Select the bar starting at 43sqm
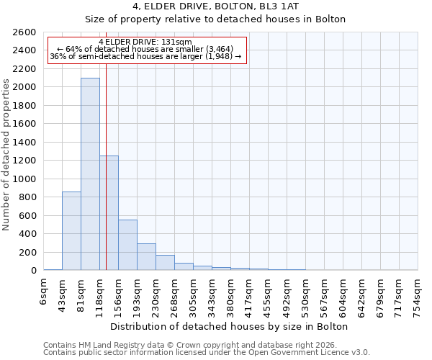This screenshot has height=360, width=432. [71, 231]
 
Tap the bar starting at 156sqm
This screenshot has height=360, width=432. [127, 245]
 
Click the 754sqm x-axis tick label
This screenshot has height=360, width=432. [418, 295]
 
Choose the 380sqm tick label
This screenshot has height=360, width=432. [230, 295]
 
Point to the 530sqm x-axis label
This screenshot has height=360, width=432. [305, 295]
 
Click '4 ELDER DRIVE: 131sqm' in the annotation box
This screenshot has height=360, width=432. [146, 42]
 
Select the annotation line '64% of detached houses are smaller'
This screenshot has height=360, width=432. [146, 49]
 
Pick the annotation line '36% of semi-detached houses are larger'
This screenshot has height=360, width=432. [146, 56]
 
